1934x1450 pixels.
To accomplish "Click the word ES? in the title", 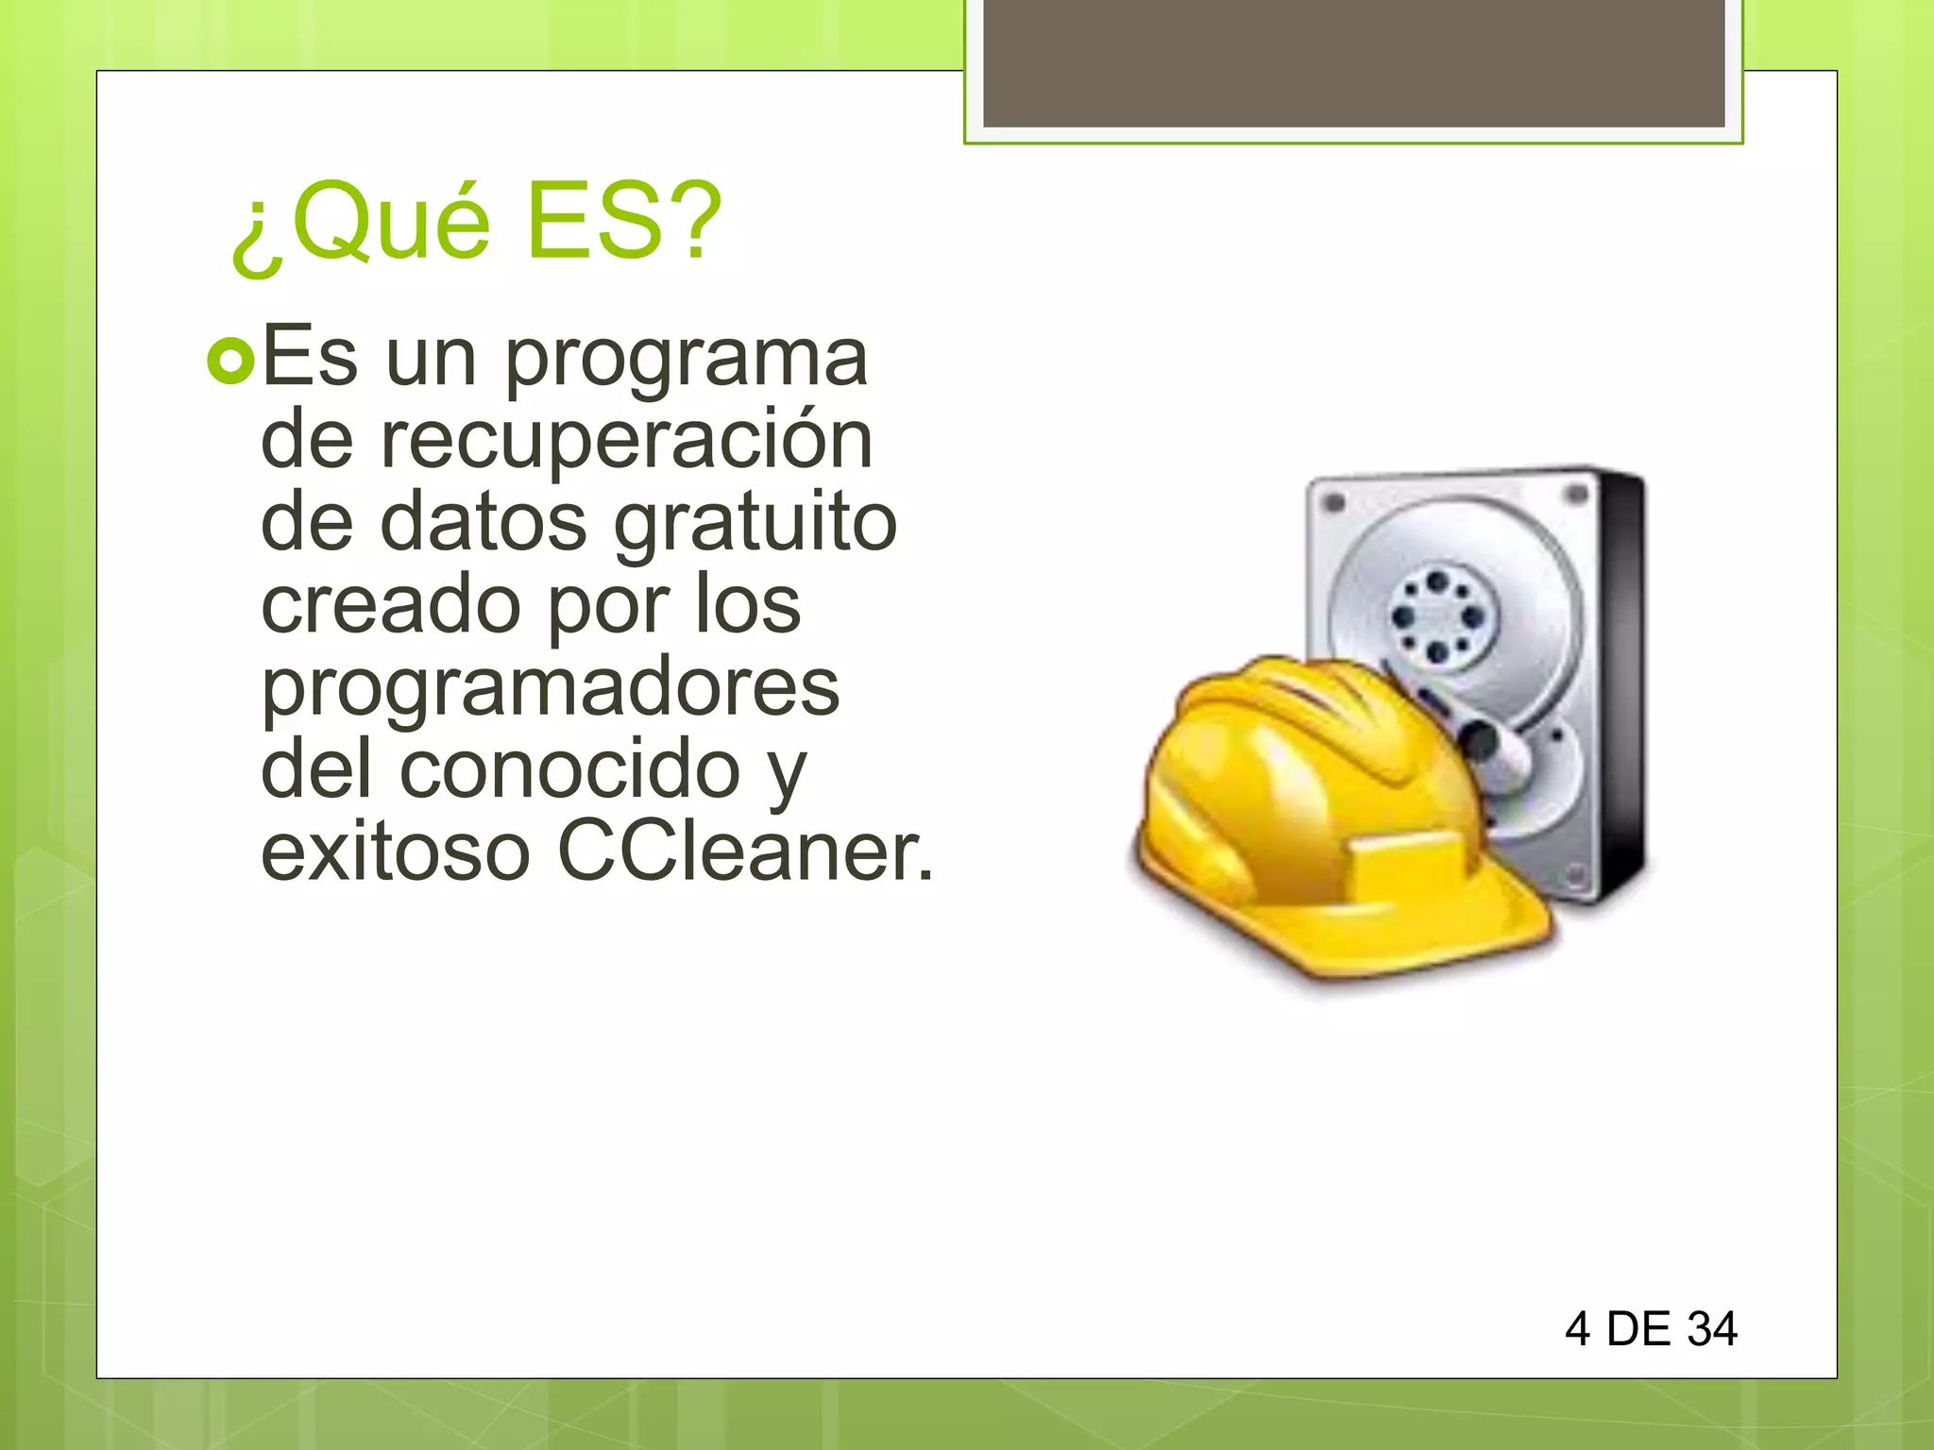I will coord(623,221).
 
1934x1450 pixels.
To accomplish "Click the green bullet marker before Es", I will coord(230,362).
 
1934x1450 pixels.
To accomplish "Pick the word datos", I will coord(483,522).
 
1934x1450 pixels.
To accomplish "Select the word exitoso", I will coord(396,852).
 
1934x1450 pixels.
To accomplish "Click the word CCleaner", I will coord(745,851).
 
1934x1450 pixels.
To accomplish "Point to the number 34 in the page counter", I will coord(1712,1329).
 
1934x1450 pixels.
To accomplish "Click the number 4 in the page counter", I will coord(1577,1329).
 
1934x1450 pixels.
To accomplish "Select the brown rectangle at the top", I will coord(1353,62).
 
